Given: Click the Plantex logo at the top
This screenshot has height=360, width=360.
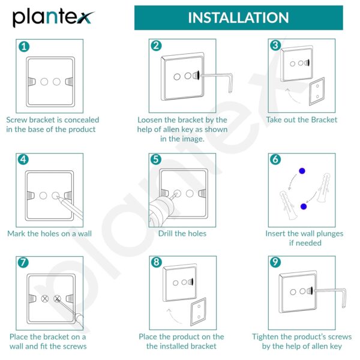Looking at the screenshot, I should [53, 17].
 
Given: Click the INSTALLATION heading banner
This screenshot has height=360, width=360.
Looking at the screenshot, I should [238, 17].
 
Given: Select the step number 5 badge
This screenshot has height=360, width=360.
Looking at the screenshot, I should [156, 160].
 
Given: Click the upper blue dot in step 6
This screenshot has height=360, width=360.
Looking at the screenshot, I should [302, 171].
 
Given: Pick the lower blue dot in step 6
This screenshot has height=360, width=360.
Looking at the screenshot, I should [304, 206].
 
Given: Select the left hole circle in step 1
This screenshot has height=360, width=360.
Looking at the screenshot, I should [43, 82].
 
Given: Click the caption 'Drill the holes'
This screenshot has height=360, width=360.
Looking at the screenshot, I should [182, 233].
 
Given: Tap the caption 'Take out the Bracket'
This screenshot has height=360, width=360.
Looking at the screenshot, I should [302, 119].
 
